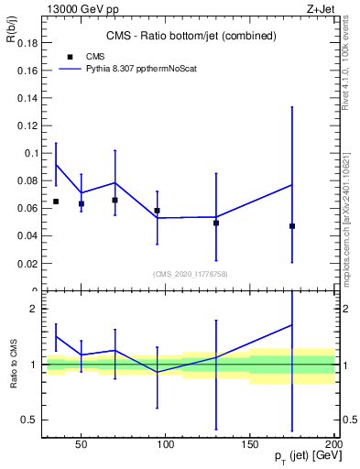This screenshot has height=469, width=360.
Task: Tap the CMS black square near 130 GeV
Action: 216,223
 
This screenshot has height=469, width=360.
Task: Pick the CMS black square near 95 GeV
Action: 157,211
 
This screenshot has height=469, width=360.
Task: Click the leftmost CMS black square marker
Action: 56,202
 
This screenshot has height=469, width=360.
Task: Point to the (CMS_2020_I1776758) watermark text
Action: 191,273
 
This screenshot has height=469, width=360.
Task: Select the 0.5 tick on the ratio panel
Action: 29,420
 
